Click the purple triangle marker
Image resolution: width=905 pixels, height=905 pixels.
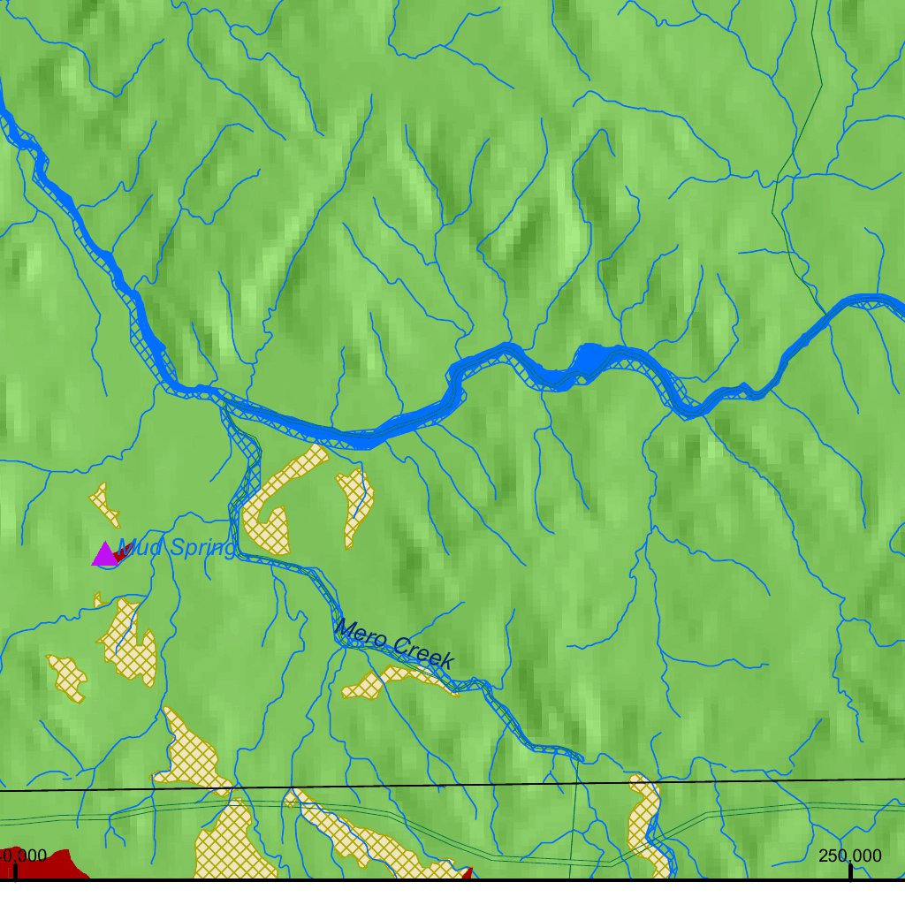tap(104, 555)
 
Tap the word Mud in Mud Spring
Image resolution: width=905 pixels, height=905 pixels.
tap(139, 549)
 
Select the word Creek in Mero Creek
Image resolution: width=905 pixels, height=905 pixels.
tap(422, 652)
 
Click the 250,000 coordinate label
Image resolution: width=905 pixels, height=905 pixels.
tap(849, 856)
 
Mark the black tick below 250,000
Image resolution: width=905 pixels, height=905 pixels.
tap(850, 871)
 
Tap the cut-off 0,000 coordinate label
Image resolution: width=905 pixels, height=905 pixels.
tap(24, 856)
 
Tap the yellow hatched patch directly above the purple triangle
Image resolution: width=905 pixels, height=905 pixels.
tap(106, 503)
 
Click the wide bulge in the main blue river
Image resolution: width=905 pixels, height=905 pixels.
tap(590, 361)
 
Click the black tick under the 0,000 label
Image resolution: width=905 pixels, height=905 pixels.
tap(15, 871)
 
